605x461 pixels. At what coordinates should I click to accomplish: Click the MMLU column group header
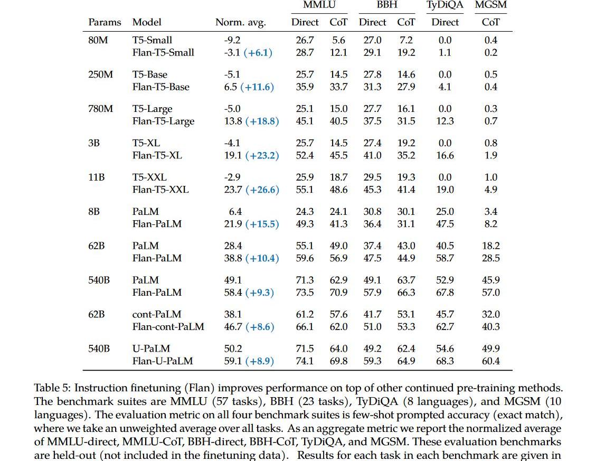(318, 5)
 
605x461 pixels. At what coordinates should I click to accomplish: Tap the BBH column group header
(387, 5)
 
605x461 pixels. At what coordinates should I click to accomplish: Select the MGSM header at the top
(490, 5)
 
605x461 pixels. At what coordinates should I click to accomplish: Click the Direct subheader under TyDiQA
(445, 22)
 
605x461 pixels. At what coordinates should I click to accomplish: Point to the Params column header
(105, 22)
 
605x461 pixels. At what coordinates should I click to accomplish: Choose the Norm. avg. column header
(240, 22)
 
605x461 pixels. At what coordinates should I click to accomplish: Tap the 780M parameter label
(100, 109)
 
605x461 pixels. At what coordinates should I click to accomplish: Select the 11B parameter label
(96, 177)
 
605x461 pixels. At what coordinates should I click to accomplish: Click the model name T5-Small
(152, 40)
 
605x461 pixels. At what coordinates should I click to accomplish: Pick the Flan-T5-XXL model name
(160, 190)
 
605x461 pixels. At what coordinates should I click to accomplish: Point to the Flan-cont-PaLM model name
(168, 327)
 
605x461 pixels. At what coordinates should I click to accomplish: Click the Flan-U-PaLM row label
(162, 361)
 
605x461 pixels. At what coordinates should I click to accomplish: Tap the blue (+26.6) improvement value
(261, 190)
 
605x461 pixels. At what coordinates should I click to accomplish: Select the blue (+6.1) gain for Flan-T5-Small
(258, 53)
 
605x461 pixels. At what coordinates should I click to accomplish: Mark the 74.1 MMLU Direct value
(305, 361)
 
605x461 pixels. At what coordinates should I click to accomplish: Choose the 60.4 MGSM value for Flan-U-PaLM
(490, 361)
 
